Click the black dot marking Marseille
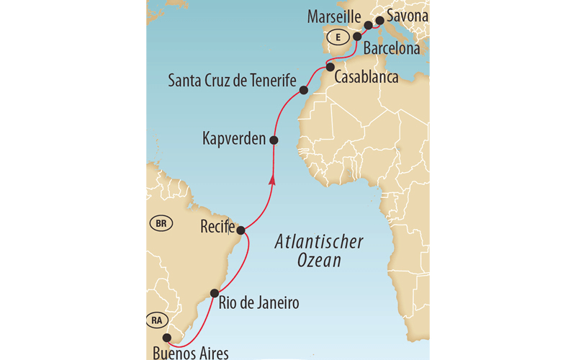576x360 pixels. click(x=368, y=25)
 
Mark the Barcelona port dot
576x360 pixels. click(x=356, y=36)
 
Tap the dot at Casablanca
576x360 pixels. click(x=330, y=67)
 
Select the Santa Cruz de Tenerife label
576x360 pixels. click(x=232, y=81)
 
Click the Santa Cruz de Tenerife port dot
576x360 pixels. click(x=304, y=91)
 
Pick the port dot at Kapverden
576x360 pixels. click(x=274, y=139)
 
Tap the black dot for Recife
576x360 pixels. click(x=242, y=230)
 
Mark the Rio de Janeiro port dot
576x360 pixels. click(x=214, y=293)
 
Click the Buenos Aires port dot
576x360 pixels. click(x=166, y=338)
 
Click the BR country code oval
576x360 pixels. click(x=161, y=224)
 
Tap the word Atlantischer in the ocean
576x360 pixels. click(x=319, y=243)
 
